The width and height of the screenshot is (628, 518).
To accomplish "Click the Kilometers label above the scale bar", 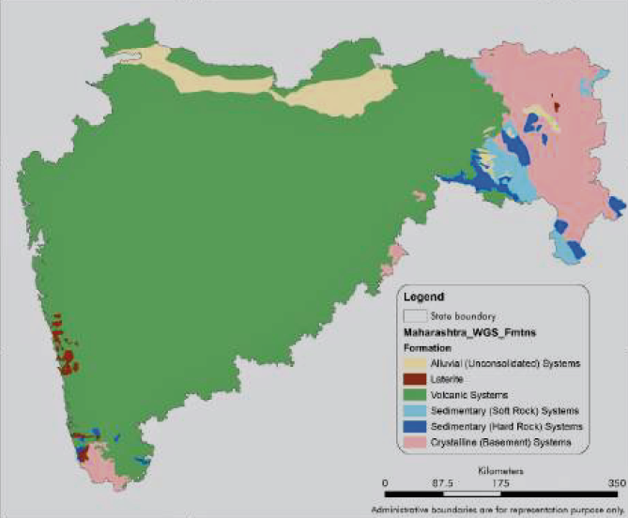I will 500,468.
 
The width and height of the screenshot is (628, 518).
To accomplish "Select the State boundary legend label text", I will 463,316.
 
